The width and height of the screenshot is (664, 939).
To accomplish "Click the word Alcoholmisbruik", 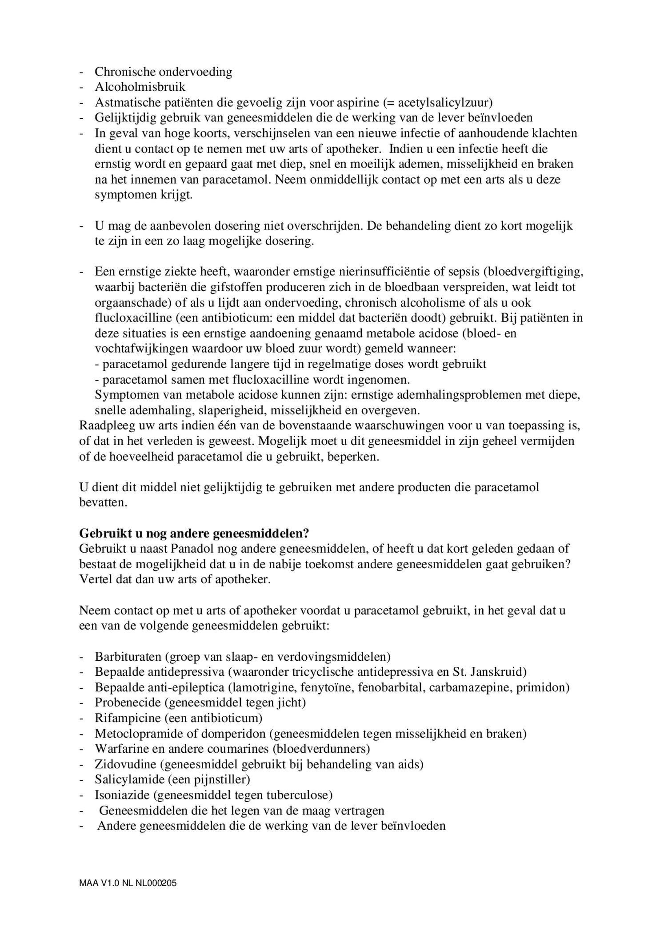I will pyautogui.click(x=140, y=87).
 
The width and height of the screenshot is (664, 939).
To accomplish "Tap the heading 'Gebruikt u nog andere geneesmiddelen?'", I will pyautogui.click(x=194, y=534).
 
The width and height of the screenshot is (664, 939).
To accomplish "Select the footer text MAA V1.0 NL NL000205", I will pyautogui.click(x=128, y=883).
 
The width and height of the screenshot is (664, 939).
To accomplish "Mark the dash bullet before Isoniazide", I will pyautogui.click(x=82, y=795).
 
